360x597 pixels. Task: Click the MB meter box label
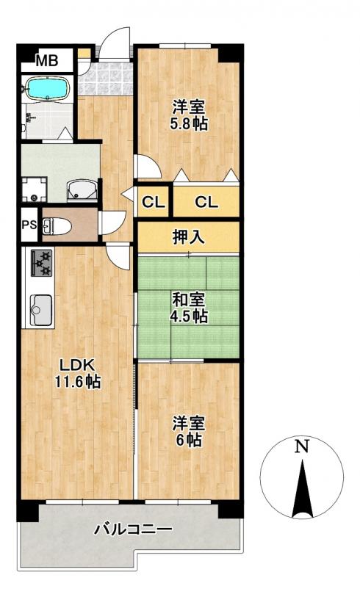click(x=47, y=60)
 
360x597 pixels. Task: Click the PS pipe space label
click(x=29, y=225)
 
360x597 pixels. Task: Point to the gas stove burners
click(x=41, y=262)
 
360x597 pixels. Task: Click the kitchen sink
click(x=40, y=310)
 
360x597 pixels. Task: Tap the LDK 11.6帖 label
click(x=78, y=373)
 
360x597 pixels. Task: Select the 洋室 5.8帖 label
click(x=189, y=115)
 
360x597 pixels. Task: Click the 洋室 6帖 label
click(x=189, y=431)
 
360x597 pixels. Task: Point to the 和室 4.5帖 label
click(x=189, y=308)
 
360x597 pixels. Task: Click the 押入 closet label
click(x=189, y=237)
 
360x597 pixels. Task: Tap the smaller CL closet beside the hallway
click(x=153, y=202)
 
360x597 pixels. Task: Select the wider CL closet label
click(x=206, y=202)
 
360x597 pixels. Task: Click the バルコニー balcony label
click(x=133, y=529)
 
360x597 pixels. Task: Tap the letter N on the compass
click(x=302, y=446)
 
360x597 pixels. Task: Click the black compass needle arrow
click(x=302, y=488)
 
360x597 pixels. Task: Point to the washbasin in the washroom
click(x=82, y=190)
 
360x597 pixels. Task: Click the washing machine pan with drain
click(x=35, y=189)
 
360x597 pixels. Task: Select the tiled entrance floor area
click(x=106, y=78)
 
